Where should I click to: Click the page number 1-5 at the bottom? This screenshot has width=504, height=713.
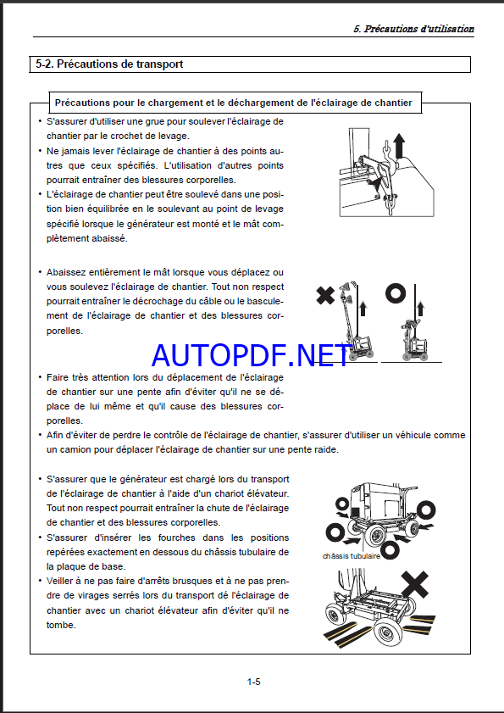click(253, 682)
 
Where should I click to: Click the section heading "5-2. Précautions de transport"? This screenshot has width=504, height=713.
click(109, 64)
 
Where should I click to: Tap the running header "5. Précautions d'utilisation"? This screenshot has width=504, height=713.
click(413, 29)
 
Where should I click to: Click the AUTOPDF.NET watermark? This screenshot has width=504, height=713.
click(251, 355)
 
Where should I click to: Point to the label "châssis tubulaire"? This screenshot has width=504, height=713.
click(351, 556)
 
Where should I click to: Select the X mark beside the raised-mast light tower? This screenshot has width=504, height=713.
click(325, 296)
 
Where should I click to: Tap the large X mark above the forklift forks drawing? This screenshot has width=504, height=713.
click(415, 584)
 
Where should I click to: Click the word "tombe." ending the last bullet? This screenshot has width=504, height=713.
click(61, 625)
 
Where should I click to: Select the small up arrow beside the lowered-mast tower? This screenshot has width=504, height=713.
click(420, 308)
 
